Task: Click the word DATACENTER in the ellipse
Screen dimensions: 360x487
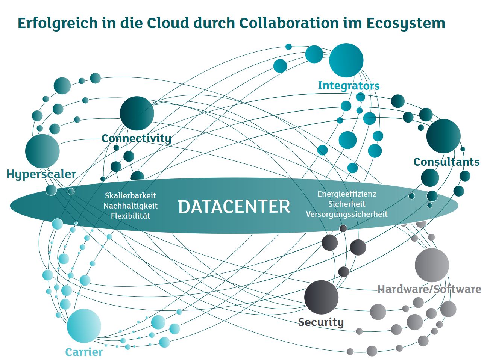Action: coord(234,206)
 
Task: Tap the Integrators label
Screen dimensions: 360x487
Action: coord(349,86)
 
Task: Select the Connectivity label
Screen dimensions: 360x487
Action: coord(136,138)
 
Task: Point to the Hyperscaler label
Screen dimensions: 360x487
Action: coord(41,174)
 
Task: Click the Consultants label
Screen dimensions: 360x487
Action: coord(446,162)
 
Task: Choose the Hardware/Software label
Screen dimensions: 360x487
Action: coord(429,289)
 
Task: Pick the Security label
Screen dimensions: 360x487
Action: coord(321,322)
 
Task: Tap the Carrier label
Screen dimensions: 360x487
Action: coord(84,352)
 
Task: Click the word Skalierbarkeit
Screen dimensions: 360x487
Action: coord(130,195)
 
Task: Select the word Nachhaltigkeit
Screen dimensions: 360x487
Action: coord(130,206)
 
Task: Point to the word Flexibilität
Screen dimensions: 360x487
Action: coord(130,216)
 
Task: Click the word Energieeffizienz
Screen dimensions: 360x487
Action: coord(347,194)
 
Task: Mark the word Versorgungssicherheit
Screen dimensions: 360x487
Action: coord(347,214)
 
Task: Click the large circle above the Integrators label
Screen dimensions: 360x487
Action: coord(346,61)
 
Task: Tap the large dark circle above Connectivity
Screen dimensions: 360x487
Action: coord(137,113)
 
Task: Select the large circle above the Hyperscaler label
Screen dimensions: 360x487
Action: coord(42,151)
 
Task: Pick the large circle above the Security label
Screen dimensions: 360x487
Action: coord(321,297)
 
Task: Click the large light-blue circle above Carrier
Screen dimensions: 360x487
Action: coord(84,326)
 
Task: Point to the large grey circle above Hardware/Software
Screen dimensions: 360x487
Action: coord(432,265)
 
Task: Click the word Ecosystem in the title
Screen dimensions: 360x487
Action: coord(406,23)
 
